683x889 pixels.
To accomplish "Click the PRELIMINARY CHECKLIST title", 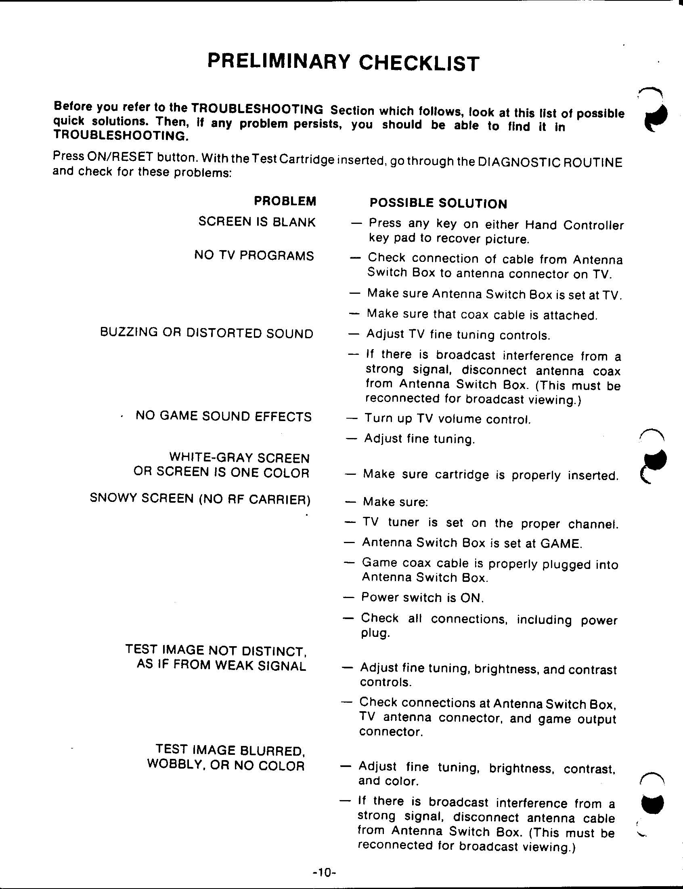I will tap(343, 62).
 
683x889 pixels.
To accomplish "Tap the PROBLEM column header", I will tap(285, 201).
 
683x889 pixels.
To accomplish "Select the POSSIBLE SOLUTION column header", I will tap(438, 203).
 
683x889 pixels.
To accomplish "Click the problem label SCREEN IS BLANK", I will tap(257, 222).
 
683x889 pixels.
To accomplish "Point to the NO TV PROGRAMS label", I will tap(254, 255).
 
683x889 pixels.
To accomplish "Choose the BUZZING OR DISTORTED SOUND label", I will tap(207, 333).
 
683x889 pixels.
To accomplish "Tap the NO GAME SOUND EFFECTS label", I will tap(223, 416).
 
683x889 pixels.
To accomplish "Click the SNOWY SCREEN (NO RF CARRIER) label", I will tap(200, 498).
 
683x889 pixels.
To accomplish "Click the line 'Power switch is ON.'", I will tap(422, 598).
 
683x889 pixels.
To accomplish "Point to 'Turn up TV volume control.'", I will tap(447, 419).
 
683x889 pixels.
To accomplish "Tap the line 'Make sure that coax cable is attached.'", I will tap(482, 314).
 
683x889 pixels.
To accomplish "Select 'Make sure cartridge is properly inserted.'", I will tap(490, 475).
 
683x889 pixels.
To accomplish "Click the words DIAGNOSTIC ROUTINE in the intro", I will tap(550, 162).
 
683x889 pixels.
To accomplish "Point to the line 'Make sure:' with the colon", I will tap(395, 502).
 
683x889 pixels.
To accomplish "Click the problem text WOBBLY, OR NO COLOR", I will tap(226, 765).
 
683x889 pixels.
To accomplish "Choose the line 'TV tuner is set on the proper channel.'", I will tap(490, 523).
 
